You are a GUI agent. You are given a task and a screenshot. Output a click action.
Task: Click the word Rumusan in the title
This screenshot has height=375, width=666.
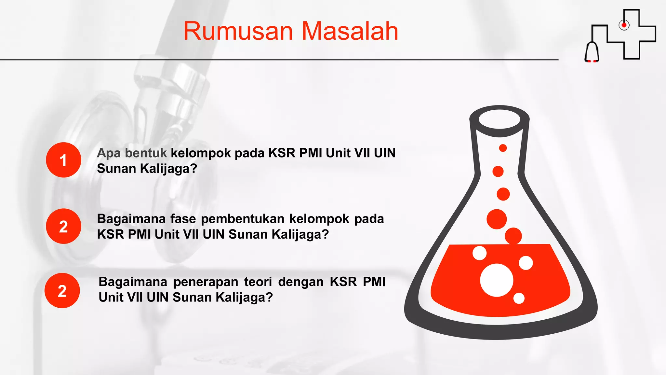(x=238, y=31)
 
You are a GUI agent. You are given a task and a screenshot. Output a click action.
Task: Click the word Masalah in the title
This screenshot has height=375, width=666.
(x=350, y=31)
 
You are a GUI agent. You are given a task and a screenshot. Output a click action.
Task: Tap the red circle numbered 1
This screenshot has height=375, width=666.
(x=63, y=160)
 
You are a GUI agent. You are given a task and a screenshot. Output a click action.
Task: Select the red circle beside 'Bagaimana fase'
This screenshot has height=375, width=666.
(x=63, y=226)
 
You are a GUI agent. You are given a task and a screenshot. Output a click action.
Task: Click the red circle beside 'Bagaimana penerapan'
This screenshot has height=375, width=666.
(x=62, y=291)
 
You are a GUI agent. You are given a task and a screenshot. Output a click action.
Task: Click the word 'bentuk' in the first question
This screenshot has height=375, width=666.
(x=146, y=153)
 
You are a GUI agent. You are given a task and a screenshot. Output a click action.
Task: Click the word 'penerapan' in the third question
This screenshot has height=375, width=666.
(x=206, y=282)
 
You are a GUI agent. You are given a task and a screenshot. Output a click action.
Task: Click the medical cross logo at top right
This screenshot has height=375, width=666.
(x=639, y=34)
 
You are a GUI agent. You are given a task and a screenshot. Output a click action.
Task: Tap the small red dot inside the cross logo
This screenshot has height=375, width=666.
(x=624, y=25)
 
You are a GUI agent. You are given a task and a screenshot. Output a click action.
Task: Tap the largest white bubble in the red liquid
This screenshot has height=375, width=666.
(x=497, y=280)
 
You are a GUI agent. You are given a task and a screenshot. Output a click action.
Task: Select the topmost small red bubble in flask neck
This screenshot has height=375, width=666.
(x=503, y=148)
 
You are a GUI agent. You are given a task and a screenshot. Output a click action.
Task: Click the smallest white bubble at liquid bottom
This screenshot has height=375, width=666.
(x=519, y=298)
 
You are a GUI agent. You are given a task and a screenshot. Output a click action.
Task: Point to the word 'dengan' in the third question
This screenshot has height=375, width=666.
(x=301, y=282)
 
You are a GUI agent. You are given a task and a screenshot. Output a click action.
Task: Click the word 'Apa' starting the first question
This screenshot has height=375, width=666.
(x=109, y=153)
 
